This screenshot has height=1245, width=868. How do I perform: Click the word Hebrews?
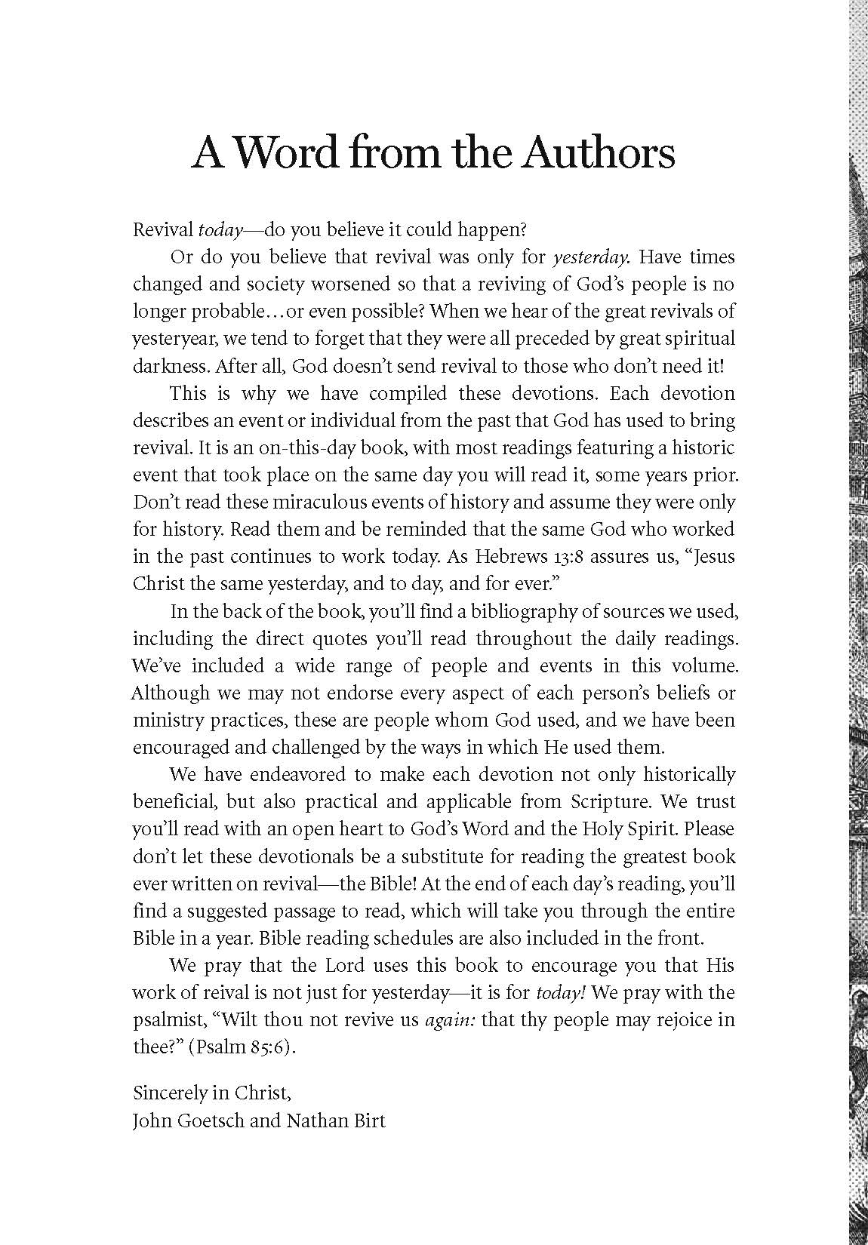pos(509,557)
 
